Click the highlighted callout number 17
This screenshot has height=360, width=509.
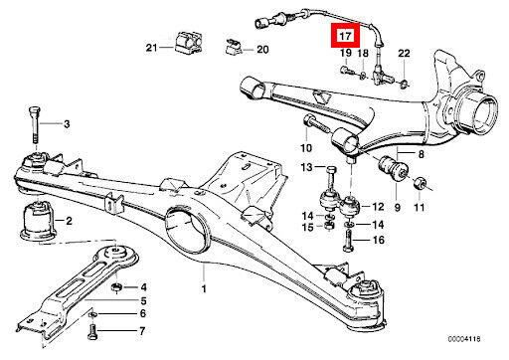point(345,35)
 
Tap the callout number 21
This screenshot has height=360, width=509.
point(151,48)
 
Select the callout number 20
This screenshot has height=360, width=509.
point(262,50)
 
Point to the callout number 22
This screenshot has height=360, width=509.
point(404,53)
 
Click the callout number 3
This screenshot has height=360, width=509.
point(67,124)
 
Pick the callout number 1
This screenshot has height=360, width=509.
point(204,288)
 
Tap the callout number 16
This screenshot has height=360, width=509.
point(379,240)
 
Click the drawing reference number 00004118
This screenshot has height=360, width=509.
point(464,339)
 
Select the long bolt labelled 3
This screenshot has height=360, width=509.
point(35,124)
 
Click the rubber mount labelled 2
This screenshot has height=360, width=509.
point(38,219)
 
